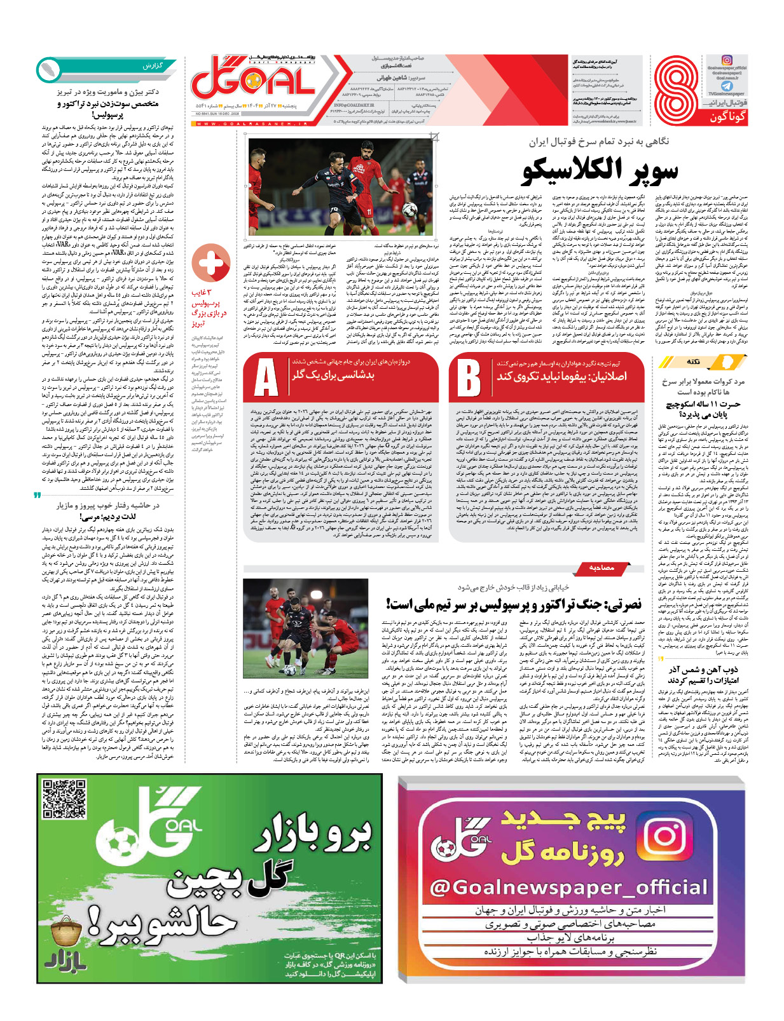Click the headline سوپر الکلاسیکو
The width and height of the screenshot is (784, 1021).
(x=600, y=170)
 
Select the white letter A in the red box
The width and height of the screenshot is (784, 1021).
(x=266, y=378)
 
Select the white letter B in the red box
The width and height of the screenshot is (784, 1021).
(x=469, y=378)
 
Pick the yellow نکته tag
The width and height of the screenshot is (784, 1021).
(x=692, y=362)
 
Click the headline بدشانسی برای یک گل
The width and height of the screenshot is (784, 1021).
(x=333, y=375)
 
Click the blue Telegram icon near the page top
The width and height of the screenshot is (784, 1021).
(x=726, y=86)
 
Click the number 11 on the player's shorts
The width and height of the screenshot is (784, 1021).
(x=369, y=211)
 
